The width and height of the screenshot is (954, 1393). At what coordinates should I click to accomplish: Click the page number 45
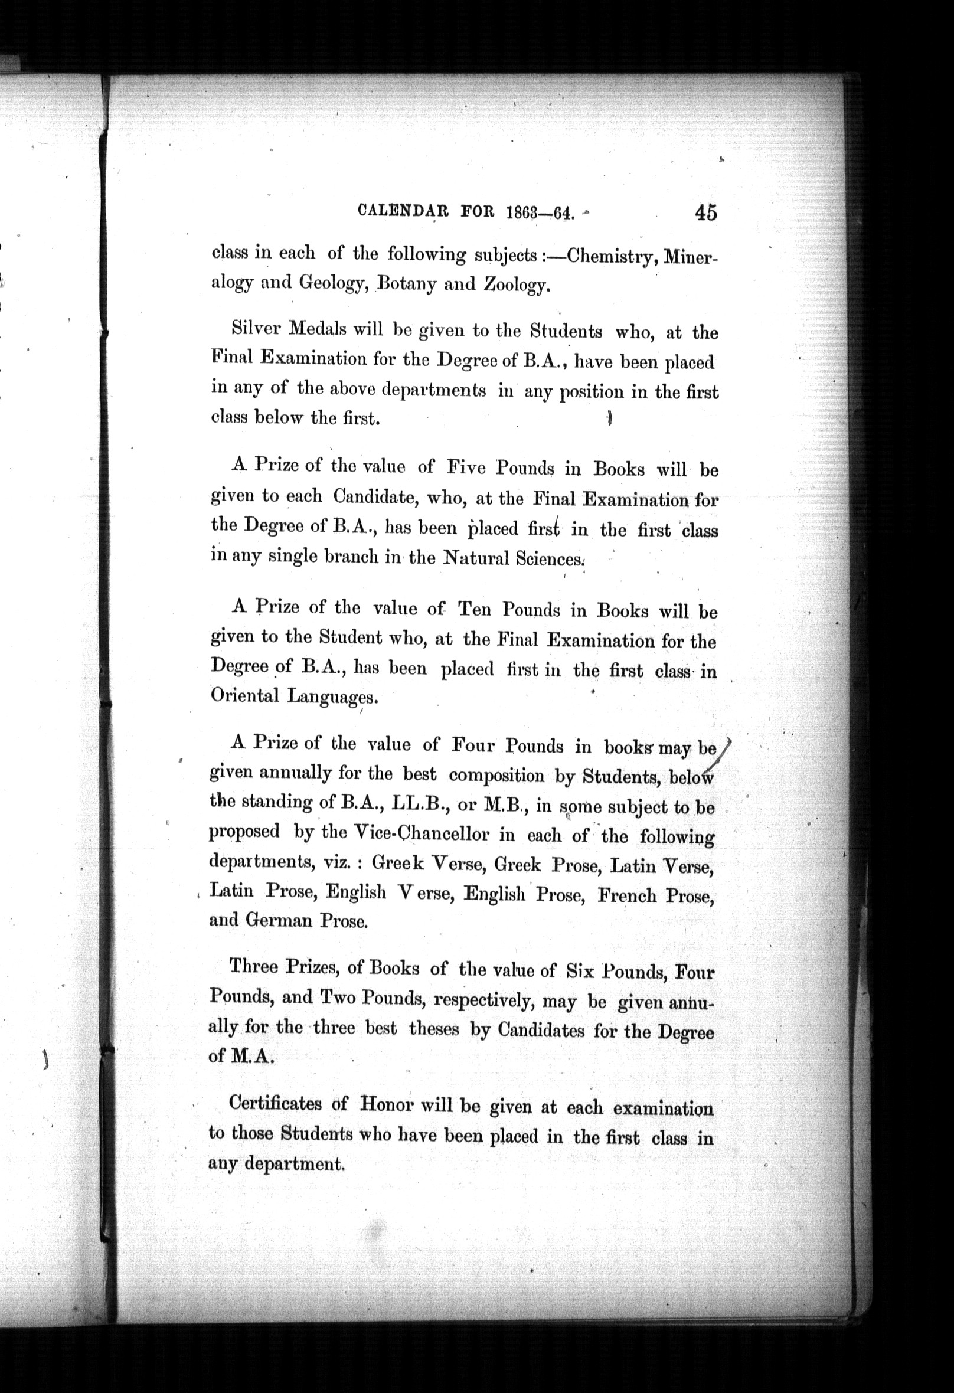coord(705,212)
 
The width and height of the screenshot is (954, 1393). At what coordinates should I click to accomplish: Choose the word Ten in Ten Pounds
coord(473,610)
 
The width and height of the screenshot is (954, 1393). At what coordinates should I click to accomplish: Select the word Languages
coord(332,697)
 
